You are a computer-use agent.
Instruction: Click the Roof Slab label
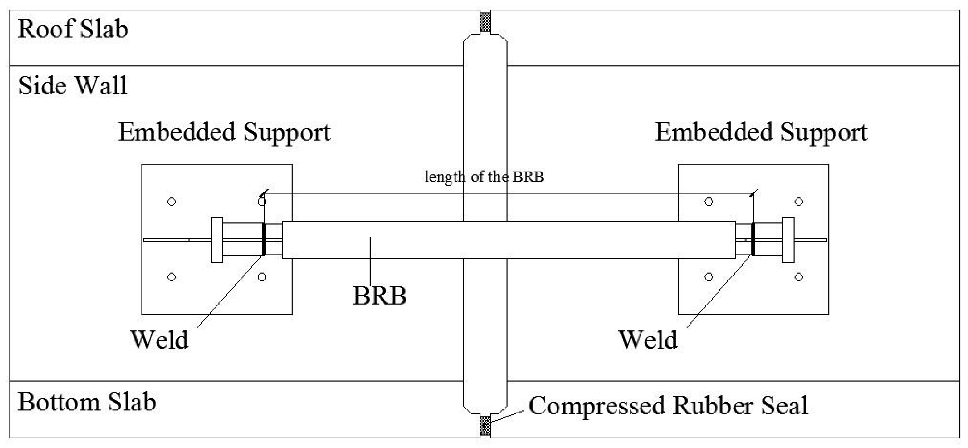click(73, 29)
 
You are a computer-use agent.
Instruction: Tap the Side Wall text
click(73, 86)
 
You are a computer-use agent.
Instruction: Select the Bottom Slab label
click(87, 402)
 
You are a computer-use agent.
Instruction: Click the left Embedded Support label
click(224, 133)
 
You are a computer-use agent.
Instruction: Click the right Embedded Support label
click(761, 133)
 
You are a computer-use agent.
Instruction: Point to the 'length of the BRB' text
click(484, 177)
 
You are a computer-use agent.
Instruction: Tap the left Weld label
click(159, 339)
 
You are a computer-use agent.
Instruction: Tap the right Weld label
click(648, 339)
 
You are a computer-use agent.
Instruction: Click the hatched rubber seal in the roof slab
click(485, 22)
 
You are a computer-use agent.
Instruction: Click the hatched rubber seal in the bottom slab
click(485, 425)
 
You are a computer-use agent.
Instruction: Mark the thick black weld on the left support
click(264, 239)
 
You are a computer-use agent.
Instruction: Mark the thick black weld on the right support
click(753, 239)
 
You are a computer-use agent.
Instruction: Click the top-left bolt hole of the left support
click(172, 202)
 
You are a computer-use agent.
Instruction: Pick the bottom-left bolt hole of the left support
click(172, 277)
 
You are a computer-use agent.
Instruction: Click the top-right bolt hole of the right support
click(799, 202)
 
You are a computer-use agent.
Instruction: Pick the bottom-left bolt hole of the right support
click(709, 277)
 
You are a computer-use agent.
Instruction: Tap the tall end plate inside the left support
click(217, 240)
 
